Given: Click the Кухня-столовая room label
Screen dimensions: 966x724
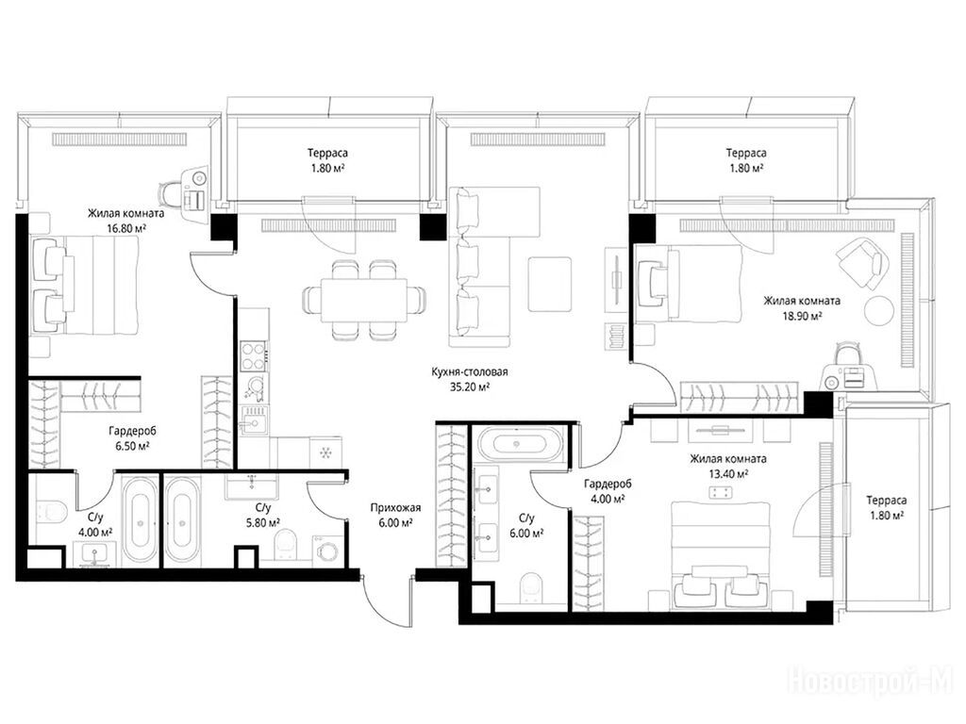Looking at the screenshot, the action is click(470, 371).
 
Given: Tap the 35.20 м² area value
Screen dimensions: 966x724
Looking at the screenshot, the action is click(470, 387).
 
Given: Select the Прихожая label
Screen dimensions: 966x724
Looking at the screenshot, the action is click(395, 508).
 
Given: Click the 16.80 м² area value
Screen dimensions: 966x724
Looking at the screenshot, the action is click(125, 228).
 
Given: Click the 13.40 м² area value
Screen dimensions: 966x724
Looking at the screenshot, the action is click(728, 473).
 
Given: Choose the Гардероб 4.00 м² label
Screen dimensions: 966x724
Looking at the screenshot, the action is click(608, 491).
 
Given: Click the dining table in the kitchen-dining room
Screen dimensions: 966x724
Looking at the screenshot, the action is click(363, 300).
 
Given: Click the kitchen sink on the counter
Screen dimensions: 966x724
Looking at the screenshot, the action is click(253, 420).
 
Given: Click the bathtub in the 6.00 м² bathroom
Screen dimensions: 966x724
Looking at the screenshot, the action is click(521, 443).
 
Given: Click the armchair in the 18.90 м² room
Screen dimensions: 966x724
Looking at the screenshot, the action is click(860, 264).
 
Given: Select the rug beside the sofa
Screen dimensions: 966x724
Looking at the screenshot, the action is click(550, 284).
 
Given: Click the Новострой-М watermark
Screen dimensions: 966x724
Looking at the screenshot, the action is click(871, 682).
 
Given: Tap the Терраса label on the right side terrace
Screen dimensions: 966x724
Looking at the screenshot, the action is click(887, 501).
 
